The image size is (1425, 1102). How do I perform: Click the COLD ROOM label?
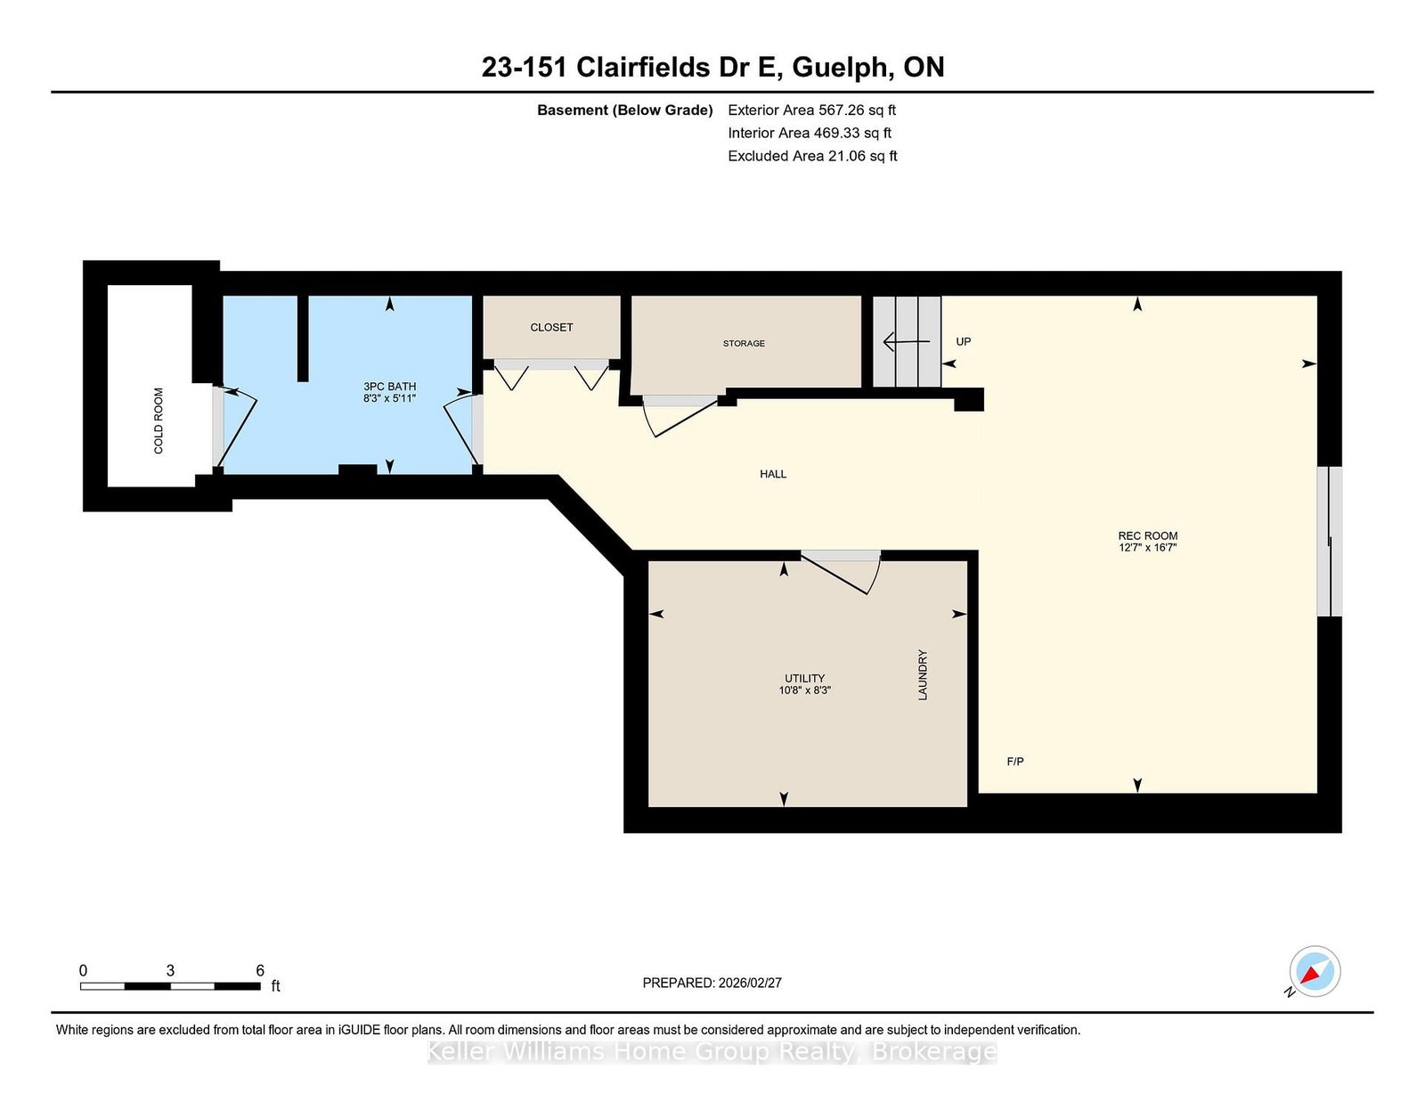[x=159, y=420]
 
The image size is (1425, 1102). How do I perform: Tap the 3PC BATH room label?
[x=389, y=387]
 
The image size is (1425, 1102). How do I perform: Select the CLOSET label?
[x=551, y=327]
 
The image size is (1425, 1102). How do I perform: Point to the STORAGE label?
[x=744, y=343]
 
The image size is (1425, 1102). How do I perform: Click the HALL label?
[x=773, y=474]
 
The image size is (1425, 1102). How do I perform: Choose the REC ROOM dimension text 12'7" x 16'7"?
[x=1147, y=547]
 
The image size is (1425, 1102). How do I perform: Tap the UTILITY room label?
[x=804, y=678]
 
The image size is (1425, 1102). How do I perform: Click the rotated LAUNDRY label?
[x=923, y=674]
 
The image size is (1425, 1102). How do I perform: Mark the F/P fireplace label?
[x=1015, y=762]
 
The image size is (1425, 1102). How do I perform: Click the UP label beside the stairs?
[x=964, y=341]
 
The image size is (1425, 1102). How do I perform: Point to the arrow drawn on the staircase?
[x=905, y=341]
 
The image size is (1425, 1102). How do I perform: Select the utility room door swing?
[x=842, y=572]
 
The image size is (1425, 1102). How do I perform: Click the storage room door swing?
[x=681, y=415]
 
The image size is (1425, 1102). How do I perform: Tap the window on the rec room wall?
[x=1329, y=541]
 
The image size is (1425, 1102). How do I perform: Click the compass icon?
[x=1315, y=972]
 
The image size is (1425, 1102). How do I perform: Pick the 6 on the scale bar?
[x=260, y=970]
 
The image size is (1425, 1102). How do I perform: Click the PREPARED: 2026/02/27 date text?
[x=712, y=983]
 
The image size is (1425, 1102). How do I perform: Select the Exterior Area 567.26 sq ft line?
[x=811, y=110]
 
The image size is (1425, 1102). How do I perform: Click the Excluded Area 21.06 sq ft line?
[x=812, y=156]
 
